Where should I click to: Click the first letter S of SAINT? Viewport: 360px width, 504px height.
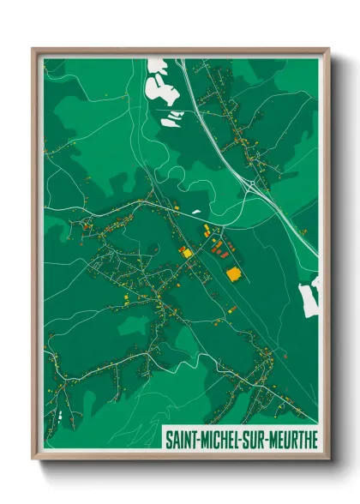click(x=167, y=440)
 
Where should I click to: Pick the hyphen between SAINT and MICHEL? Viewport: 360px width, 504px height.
click(x=197, y=440)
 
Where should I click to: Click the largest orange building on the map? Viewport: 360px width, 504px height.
click(x=233, y=273)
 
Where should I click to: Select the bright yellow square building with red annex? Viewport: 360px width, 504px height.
click(x=185, y=251)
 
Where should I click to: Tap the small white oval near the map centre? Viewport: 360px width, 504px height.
click(x=196, y=211)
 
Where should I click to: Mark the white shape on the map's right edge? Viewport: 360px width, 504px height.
click(x=309, y=295)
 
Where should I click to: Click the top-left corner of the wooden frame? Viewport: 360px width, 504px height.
click(x=33, y=49)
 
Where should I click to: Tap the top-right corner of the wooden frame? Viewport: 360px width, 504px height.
click(x=328, y=49)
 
